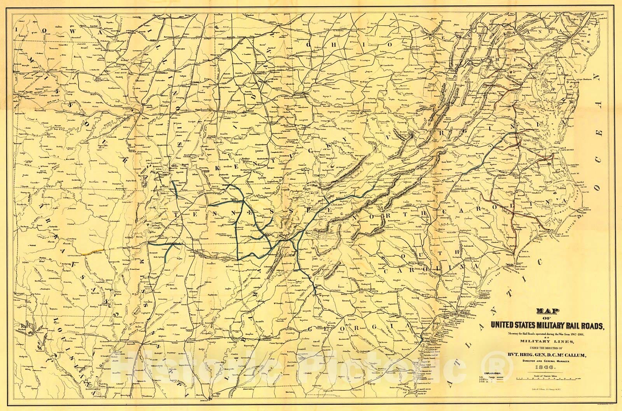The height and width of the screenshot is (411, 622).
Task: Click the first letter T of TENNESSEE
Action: point(176,213)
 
